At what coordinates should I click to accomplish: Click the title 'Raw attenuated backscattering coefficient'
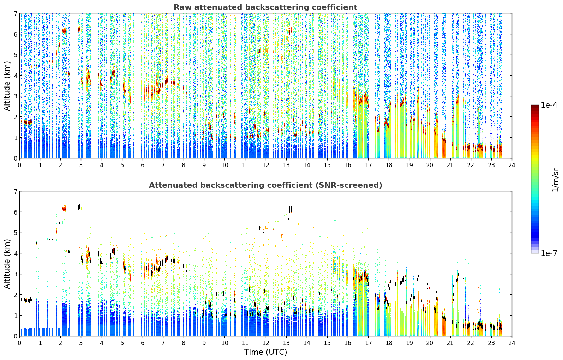[x=265, y=7]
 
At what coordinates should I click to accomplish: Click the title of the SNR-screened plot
[x=265, y=185]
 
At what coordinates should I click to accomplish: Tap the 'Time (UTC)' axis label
[x=265, y=352]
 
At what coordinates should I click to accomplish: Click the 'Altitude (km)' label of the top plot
[x=7, y=86]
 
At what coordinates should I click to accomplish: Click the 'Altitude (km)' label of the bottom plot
[x=7, y=264]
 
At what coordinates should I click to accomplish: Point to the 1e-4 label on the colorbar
[x=549, y=105]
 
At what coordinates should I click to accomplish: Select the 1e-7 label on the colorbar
[x=549, y=253]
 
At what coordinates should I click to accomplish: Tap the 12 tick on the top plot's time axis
[x=266, y=165]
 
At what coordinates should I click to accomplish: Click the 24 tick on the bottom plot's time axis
[x=512, y=343]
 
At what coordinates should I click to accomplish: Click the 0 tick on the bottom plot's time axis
[x=20, y=343]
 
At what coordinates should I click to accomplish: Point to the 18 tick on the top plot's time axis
[x=389, y=165]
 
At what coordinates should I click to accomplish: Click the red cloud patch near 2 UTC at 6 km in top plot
[x=64, y=31]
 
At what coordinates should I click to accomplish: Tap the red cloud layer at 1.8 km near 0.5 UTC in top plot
[x=27, y=122]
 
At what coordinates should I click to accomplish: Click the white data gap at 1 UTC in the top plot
[x=41, y=85]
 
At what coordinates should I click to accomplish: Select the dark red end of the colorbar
[x=535, y=107]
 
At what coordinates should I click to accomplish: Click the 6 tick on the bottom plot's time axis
[x=143, y=343]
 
